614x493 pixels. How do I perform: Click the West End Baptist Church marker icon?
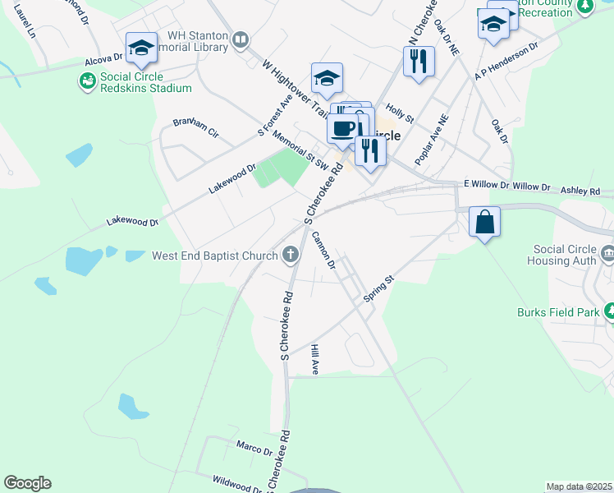click(x=289, y=256)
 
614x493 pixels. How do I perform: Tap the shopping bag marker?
click(x=484, y=221)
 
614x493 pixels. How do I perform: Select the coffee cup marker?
click(x=342, y=128)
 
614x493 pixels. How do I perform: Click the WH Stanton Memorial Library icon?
click(x=241, y=40)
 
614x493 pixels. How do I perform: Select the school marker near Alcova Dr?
click(x=141, y=48)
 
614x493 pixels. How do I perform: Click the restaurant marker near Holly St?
click(x=419, y=60)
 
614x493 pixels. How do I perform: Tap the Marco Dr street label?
click(x=254, y=450)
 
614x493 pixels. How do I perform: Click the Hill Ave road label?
click(x=314, y=360)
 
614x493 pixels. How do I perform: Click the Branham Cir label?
click(x=196, y=127)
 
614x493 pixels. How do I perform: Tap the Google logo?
click(x=27, y=483)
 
